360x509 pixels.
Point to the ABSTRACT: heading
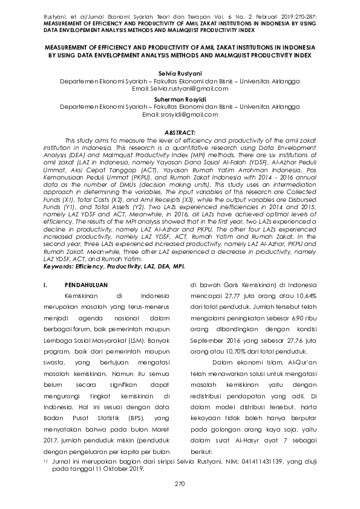coord(180,132)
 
